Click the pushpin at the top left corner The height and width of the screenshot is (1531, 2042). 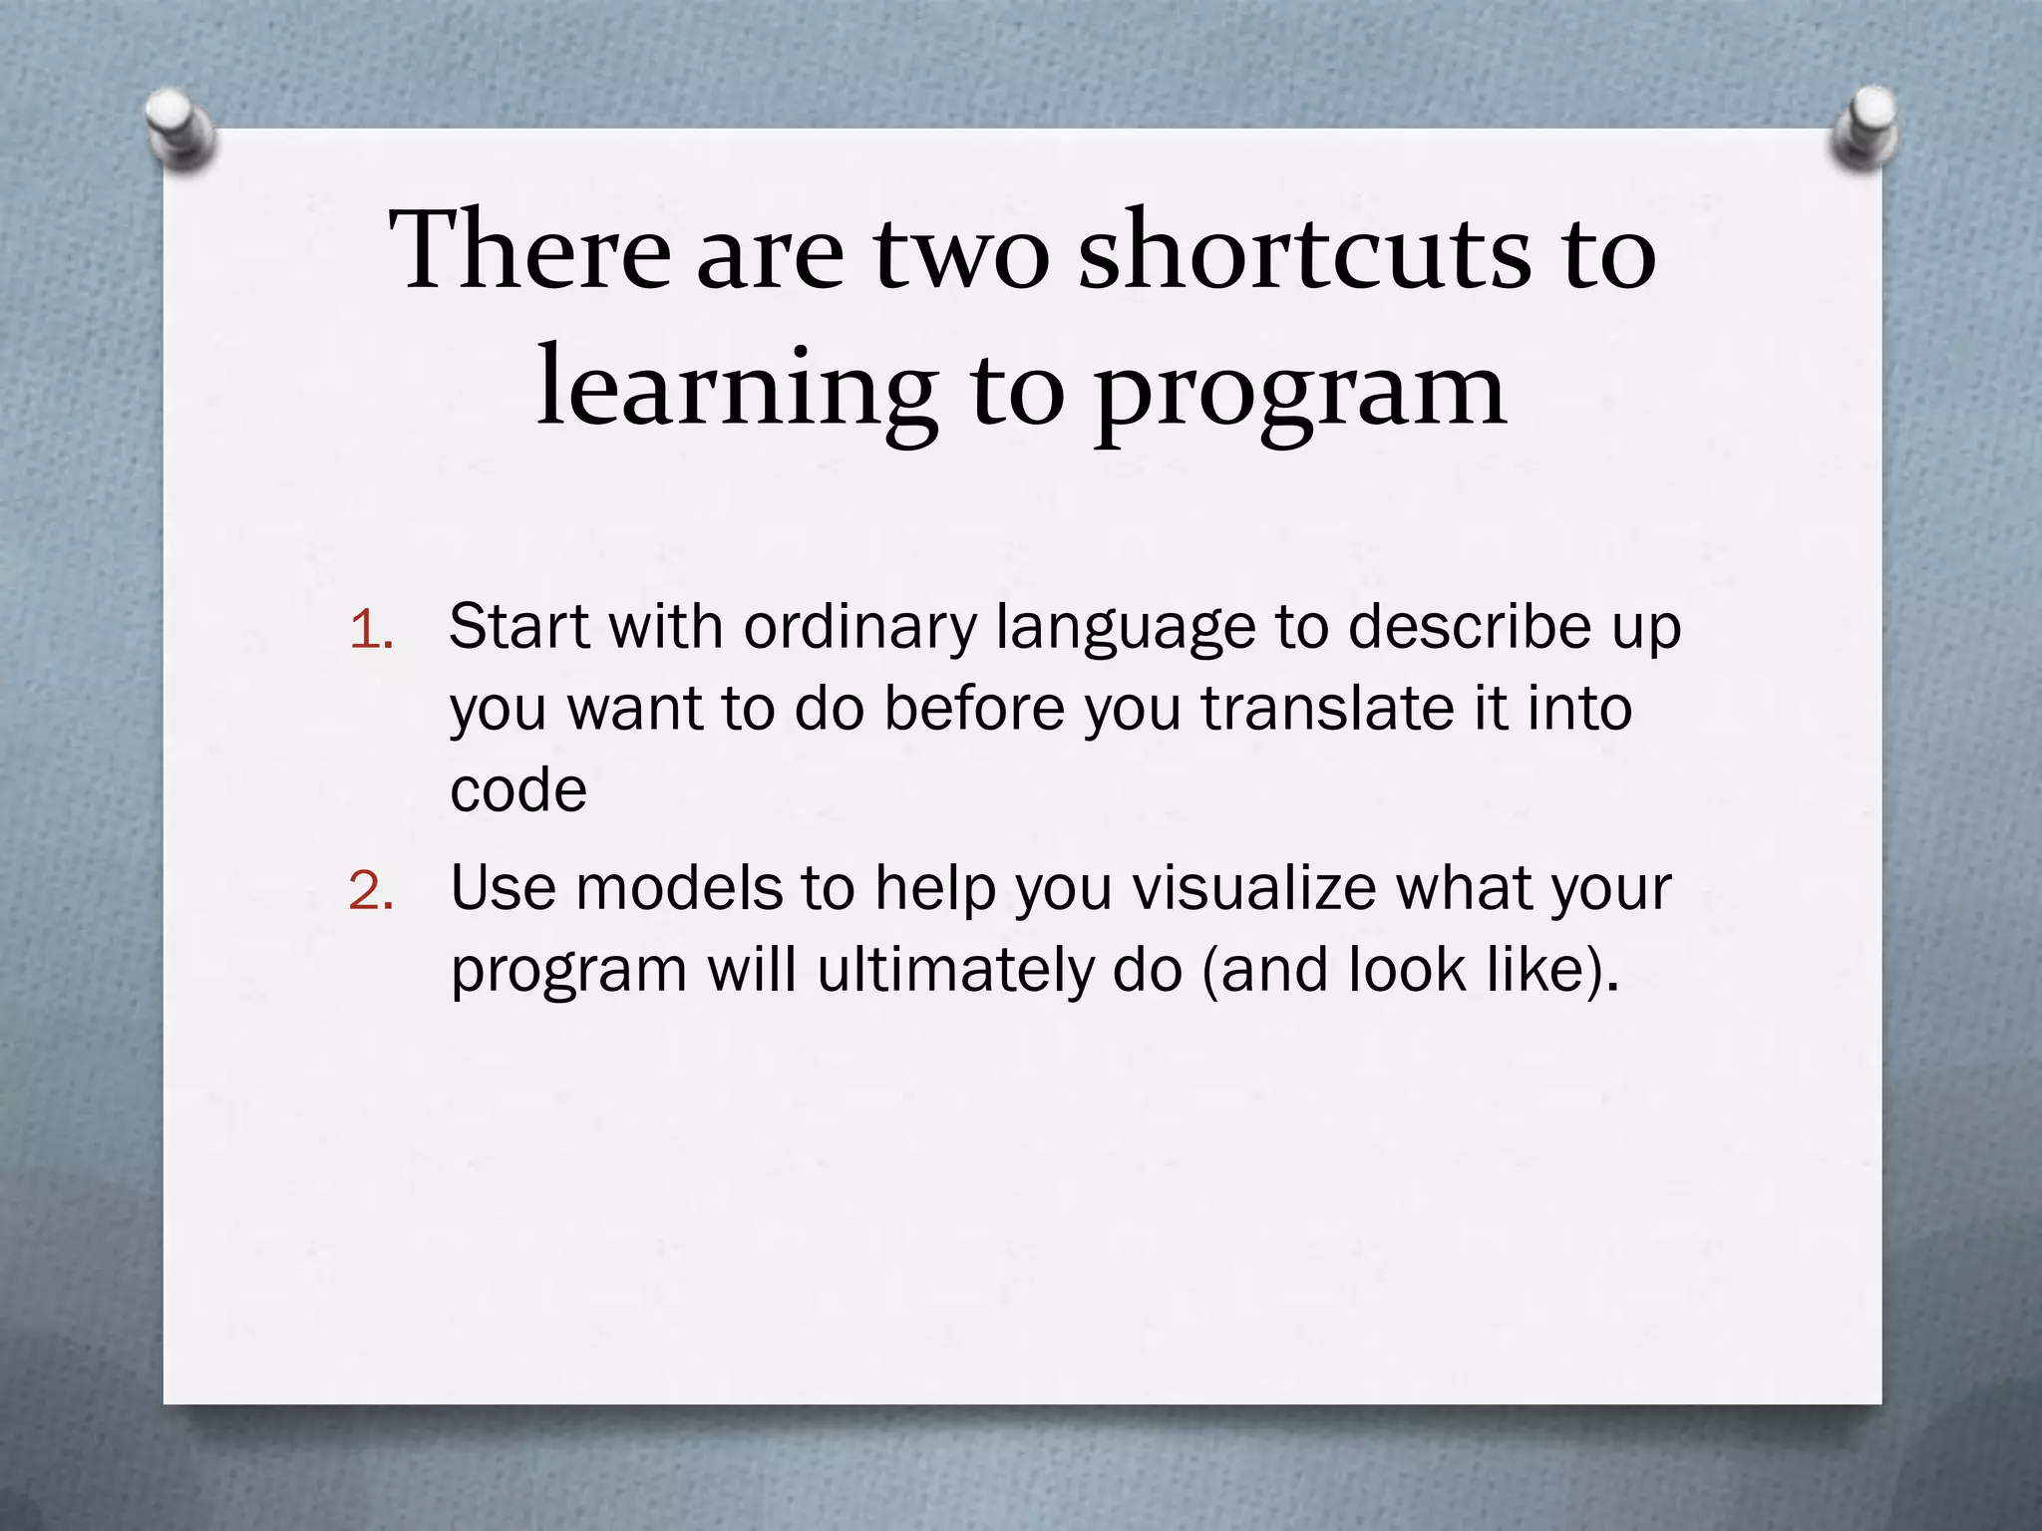click(180, 130)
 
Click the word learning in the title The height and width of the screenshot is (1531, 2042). click(737, 391)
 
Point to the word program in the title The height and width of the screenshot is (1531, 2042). click(1300, 394)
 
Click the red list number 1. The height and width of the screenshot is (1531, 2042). click(371, 630)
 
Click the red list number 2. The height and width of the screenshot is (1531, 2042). click(371, 890)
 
